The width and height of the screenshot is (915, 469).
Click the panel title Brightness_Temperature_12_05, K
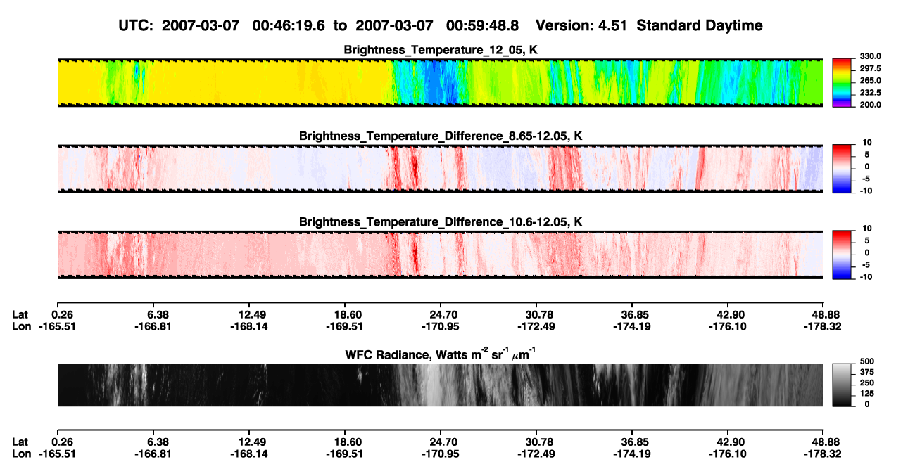click(441, 50)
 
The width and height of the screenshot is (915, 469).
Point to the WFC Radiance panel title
click(441, 354)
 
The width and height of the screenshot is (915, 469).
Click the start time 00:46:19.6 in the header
click(289, 26)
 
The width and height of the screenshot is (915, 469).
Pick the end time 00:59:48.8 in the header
click(482, 26)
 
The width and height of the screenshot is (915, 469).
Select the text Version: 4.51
click(581, 26)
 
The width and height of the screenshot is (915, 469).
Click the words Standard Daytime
click(700, 26)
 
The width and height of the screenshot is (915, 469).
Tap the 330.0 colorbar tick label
click(870, 56)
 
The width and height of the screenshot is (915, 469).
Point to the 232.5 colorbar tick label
click(870, 93)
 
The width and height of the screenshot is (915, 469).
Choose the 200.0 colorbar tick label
click(870, 105)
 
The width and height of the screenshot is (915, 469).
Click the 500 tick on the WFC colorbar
click(867, 361)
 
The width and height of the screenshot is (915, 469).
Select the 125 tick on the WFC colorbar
click(867, 394)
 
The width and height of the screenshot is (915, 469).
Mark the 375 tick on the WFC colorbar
click(867, 372)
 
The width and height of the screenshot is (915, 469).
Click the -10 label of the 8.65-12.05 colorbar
click(866, 191)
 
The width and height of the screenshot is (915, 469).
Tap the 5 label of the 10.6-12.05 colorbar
click(867, 240)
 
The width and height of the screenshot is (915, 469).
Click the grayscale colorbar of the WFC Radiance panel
click(842, 385)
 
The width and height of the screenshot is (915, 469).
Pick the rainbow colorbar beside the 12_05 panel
click(842, 83)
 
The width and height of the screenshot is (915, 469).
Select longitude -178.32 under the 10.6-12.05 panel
click(823, 326)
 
